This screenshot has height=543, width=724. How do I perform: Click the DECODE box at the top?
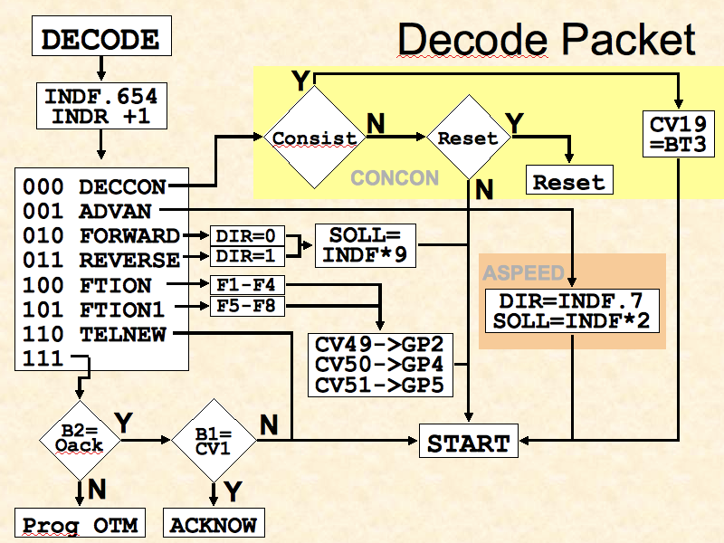click(100, 40)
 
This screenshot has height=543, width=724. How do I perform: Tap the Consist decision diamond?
click(314, 138)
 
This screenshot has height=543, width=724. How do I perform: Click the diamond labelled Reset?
click(467, 138)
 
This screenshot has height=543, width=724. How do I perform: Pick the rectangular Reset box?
click(568, 181)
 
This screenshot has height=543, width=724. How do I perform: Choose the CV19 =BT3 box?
click(677, 133)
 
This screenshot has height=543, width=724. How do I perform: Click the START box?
click(468, 443)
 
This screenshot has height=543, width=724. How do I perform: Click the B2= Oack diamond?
click(80, 440)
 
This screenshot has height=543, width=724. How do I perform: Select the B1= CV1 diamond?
click(213, 441)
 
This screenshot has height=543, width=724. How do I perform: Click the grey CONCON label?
click(395, 177)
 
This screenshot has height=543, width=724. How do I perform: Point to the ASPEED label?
click(523, 272)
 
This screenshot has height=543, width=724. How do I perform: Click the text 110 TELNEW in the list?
click(94, 335)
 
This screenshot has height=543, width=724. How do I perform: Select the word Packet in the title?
click(624, 40)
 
